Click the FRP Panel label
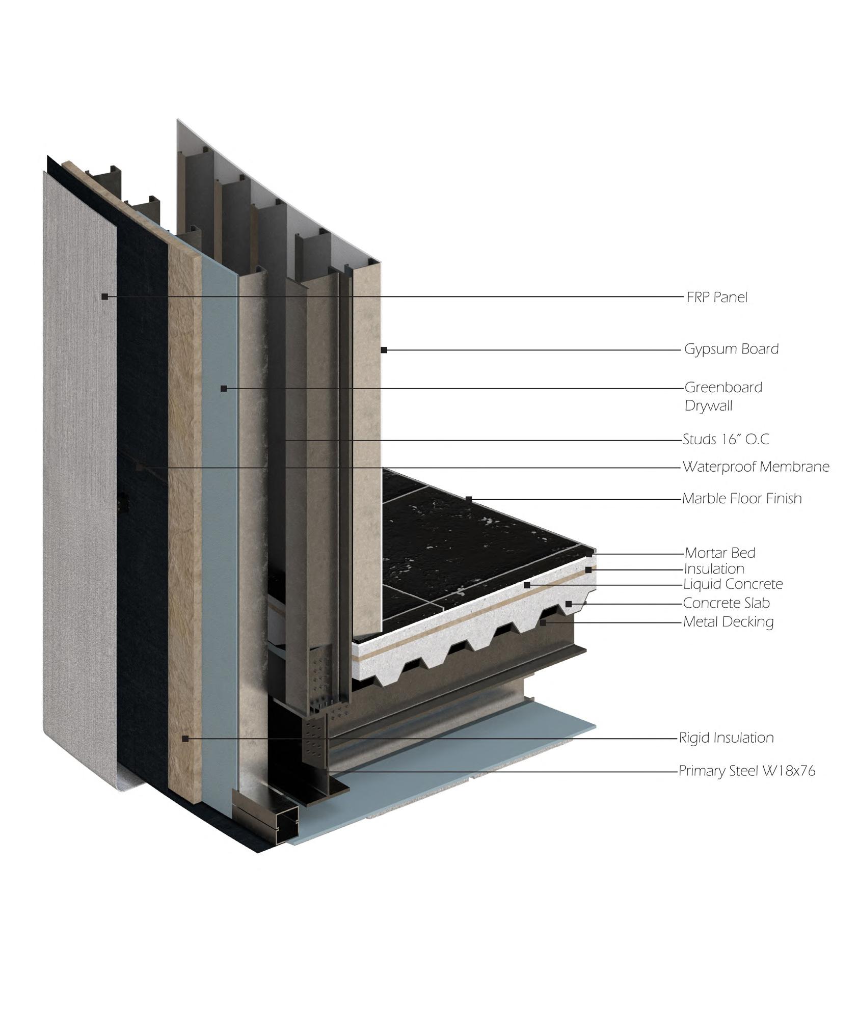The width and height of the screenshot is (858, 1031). click(716, 297)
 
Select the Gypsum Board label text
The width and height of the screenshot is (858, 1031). click(731, 349)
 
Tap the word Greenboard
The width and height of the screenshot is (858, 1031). click(723, 387)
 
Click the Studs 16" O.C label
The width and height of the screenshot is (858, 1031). click(726, 439)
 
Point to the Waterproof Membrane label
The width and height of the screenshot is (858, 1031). click(756, 467)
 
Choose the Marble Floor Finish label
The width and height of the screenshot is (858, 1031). click(742, 498)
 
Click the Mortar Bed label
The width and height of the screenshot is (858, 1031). click(719, 553)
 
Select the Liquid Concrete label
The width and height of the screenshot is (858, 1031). click(733, 584)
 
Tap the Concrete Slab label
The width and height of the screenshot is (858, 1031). click(726, 603)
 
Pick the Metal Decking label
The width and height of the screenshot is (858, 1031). click(728, 621)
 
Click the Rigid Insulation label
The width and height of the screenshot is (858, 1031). click(726, 738)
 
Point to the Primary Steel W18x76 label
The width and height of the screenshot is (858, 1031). click(746, 771)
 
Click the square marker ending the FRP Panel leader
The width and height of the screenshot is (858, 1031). click(104, 296)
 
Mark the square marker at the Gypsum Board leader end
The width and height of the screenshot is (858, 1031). click(384, 350)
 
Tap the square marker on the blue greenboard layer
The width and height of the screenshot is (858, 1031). click(223, 389)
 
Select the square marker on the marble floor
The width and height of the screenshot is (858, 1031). click(469, 499)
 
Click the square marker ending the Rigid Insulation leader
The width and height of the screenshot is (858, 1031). click(185, 738)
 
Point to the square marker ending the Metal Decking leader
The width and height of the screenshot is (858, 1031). click(543, 622)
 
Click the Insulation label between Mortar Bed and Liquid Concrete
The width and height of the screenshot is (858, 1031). click(714, 568)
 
